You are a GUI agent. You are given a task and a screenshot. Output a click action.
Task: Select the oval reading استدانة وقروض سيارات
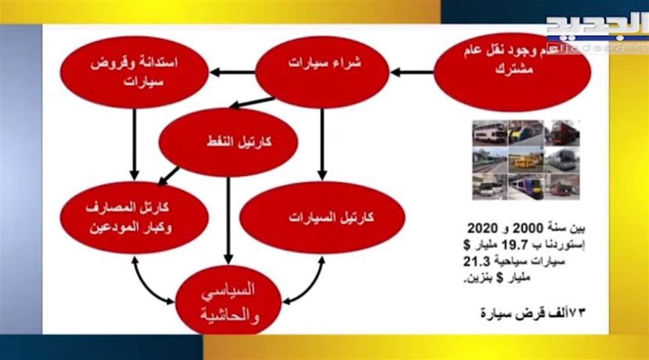pos(134,72)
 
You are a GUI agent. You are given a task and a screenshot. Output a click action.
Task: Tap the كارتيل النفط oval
pos(228,142)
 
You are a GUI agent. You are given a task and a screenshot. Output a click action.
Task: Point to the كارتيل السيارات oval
pos(322,218)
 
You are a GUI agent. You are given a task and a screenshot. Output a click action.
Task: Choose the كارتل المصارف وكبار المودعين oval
pos(134,218)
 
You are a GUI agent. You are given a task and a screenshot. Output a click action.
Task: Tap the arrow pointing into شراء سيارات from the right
pos(412,72)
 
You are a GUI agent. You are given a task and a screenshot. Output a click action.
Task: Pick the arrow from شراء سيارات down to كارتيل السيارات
pos(322,145)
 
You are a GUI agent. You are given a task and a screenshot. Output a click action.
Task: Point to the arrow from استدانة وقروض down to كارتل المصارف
pos(134,145)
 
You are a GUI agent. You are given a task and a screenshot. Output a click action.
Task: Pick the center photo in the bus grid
pos(526,160)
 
